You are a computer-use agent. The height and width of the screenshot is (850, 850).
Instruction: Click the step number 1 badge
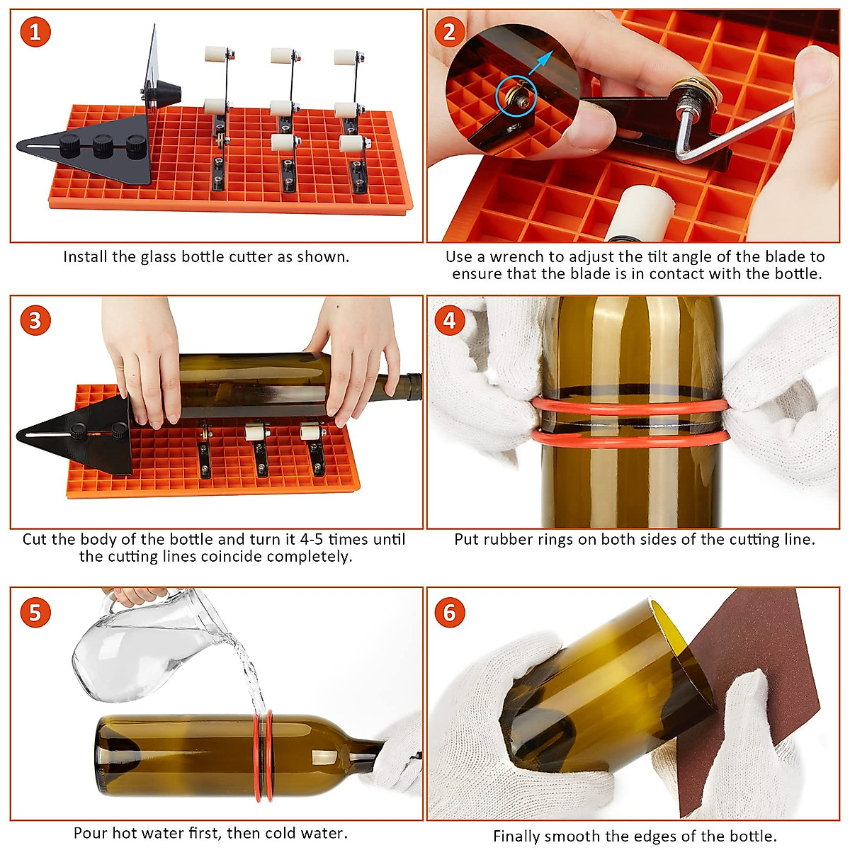tap(35, 32)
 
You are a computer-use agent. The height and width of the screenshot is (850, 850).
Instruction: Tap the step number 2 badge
tap(449, 32)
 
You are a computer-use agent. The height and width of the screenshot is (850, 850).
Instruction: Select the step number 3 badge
tap(35, 321)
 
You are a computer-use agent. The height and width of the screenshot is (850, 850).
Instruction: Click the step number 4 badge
tap(449, 321)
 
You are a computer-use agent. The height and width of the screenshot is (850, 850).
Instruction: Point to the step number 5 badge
tap(35, 612)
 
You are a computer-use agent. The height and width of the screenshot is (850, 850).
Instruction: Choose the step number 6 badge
tap(449, 612)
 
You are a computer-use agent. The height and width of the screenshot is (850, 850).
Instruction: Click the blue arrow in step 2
tap(540, 62)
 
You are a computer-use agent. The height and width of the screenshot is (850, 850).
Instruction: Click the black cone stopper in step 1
tap(166, 93)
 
